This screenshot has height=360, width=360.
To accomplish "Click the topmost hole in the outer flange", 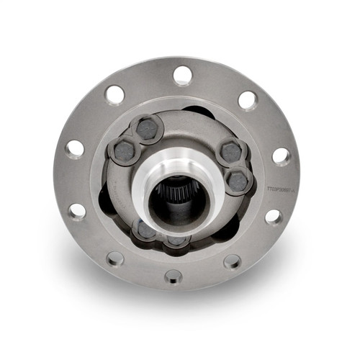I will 183,74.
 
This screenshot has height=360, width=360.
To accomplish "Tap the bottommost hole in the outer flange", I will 174,276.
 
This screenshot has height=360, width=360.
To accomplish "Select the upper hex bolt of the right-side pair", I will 232,153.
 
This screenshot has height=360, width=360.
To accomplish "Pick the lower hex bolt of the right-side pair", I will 238,180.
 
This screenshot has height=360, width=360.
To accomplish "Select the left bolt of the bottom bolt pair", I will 144,230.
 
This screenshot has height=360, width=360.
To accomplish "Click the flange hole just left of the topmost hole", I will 114,94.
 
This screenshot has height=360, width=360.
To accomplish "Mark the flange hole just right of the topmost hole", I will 248,99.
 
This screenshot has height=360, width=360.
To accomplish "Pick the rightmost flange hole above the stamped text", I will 282,156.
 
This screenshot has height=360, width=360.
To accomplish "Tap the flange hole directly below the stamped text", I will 273,216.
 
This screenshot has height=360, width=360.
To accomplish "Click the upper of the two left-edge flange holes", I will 75,149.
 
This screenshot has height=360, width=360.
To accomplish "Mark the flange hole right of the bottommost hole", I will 232,261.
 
